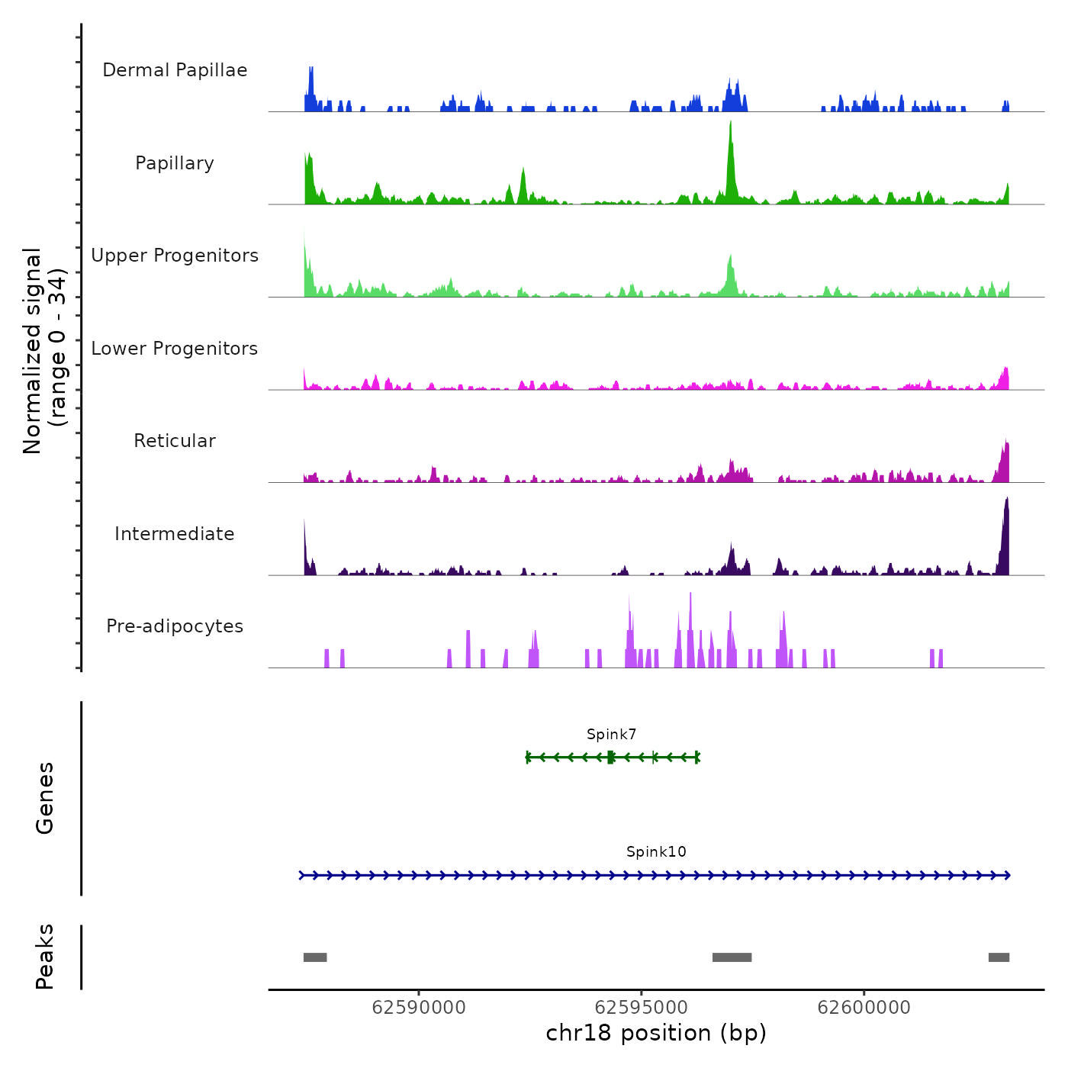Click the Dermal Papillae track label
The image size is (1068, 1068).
[x=175, y=70]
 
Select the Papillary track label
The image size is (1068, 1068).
[x=175, y=163]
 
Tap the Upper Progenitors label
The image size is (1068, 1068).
[x=175, y=256]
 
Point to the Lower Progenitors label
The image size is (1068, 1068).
[x=175, y=349]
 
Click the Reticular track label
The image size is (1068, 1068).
[x=175, y=441]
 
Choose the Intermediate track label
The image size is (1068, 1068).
[x=175, y=534]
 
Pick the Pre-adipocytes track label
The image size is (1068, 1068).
[x=175, y=626]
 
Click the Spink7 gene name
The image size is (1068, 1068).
[x=611, y=735]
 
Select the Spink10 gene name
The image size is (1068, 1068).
[x=656, y=852]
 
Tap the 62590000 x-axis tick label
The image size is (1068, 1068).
[x=419, y=1008]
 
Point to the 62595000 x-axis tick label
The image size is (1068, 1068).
[x=642, y=1008]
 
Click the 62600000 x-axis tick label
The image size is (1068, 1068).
[x=864, y=1008]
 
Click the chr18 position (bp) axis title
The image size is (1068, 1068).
[x=656, y=1033]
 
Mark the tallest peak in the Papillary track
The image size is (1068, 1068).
[x=731, y=124]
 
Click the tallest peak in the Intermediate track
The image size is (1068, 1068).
[x=1007, y=500]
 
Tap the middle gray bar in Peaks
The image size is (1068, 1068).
[x=732, y=957]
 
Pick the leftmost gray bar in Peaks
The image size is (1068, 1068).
[x=315, y=957]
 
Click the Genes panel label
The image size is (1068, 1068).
[x=45, y=798]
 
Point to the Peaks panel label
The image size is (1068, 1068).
[x=45, y=957]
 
